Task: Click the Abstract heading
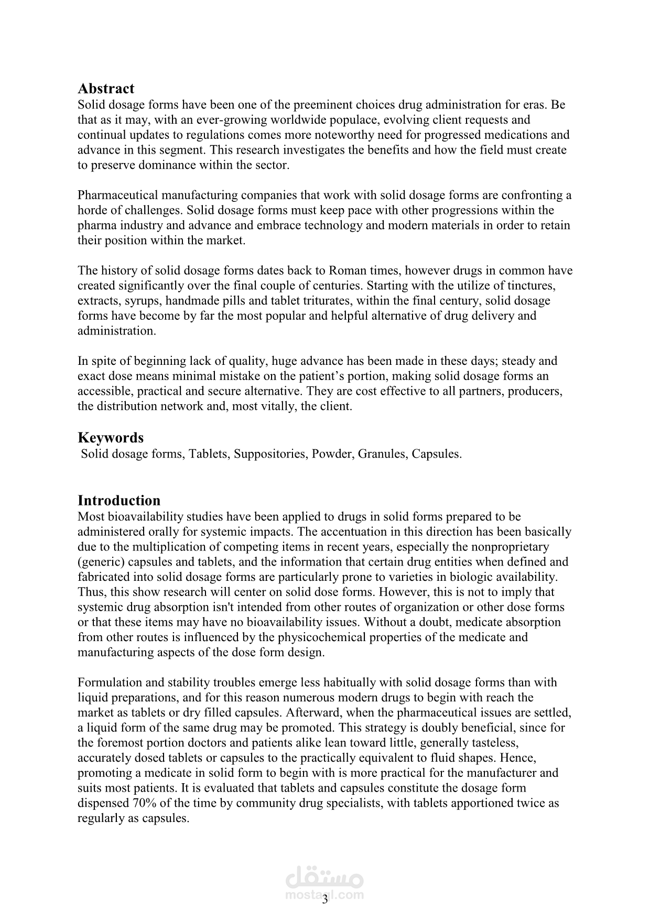106,89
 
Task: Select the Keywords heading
111,438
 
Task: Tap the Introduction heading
119,500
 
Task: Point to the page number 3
324,900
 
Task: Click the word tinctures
532,286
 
